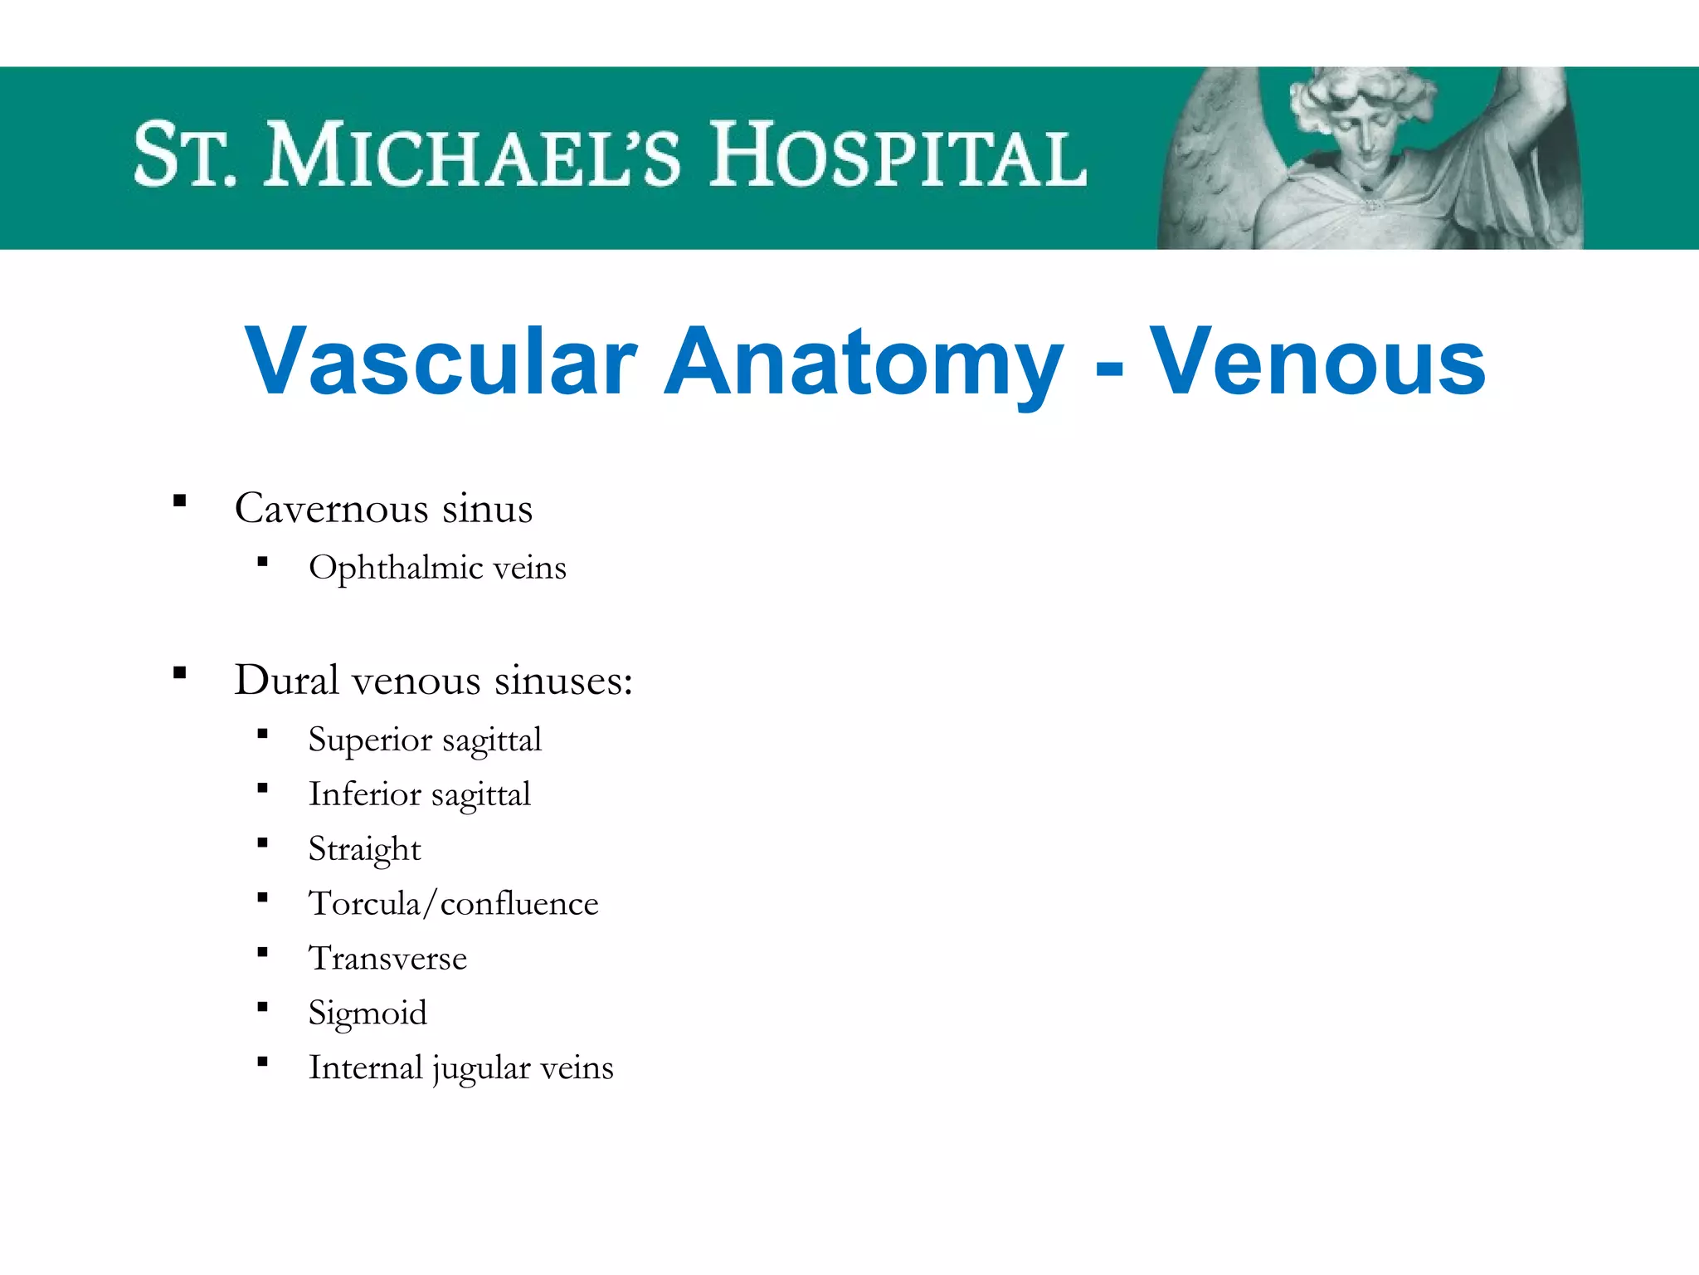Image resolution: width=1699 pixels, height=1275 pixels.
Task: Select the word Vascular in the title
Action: click(x=441, y=362)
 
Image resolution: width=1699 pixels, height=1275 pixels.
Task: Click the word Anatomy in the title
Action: click(x=864, y=362)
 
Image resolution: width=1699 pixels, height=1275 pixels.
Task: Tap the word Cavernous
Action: click(x=331, y=508)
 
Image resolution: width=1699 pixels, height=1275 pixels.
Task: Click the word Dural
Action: click(x=286, y=680)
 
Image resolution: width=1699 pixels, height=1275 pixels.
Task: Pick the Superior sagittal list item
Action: click(x=425, y=740)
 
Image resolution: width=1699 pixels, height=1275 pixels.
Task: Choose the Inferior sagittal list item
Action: click(x=419, y=794)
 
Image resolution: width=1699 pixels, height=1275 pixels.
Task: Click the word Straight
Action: click(x=364, y=849)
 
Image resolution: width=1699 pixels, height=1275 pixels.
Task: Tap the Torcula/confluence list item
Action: click(x=453, y=903)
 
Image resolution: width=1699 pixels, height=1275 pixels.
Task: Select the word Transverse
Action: click(x=387, y=958)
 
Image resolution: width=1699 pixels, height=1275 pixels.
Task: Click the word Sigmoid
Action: click(x=368, y=1013)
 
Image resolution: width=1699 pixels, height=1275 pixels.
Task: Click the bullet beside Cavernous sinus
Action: click(x=180, y=501)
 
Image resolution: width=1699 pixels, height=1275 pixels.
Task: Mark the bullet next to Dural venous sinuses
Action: click(x=180, y=672)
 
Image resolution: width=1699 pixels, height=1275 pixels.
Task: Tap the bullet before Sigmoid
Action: click(x=262, y=1007)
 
